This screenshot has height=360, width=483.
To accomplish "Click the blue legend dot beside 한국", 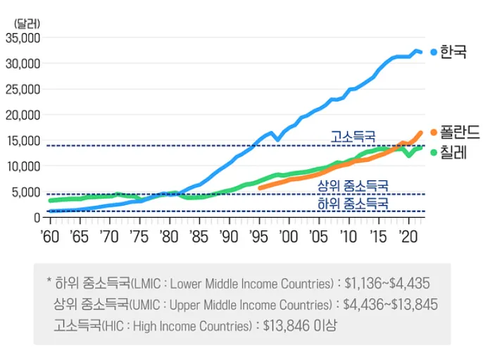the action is pos(434,52).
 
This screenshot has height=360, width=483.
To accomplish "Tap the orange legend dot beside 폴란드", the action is pos(434,132).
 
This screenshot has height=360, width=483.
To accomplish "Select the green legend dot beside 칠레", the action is pos(434,152).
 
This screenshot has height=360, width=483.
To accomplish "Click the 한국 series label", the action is pos(453,51).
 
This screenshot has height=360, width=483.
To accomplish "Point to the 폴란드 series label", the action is pos(460,132).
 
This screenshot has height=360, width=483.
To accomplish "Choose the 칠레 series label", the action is pos(453,152).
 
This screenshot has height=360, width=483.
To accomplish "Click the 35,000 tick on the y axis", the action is pos(23,38).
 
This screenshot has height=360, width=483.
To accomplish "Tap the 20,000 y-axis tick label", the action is pos(23,116).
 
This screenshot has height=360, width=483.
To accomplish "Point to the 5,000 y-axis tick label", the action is pos(26,192).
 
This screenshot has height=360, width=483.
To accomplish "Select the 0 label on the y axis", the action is pos(37,218).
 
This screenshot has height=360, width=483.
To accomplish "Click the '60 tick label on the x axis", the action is pos(49,237).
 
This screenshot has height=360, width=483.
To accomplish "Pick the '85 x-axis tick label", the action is pos(199,237).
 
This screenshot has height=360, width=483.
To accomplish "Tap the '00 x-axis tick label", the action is pos(289,237).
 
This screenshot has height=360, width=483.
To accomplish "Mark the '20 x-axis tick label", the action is pos(408,237).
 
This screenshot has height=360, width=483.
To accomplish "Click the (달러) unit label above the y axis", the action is pos(27,24).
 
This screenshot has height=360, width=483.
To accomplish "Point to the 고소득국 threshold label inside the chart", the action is pos(353,136).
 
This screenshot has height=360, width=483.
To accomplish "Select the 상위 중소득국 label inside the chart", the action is pos(353,185).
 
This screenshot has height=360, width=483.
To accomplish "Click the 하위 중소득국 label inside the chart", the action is pos(353,204).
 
